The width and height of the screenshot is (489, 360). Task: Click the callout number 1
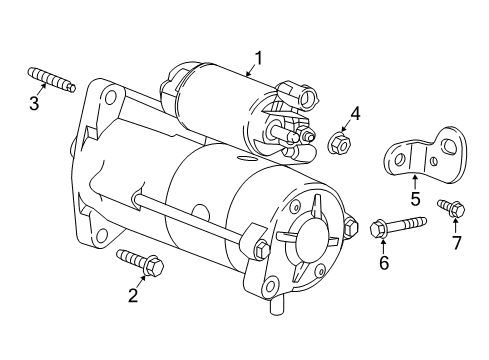pos(257,58)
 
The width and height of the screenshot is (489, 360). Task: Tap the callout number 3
pos(35,103)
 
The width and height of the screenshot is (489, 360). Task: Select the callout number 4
pos(354,114)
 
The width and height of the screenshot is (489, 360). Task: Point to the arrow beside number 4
pos(345,127)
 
